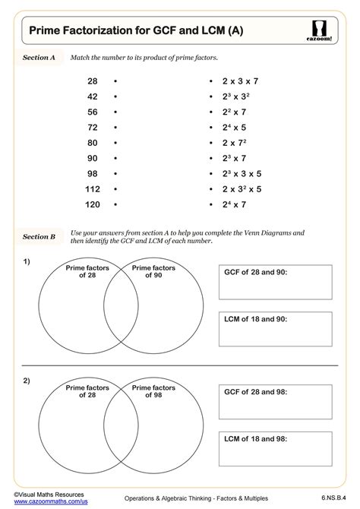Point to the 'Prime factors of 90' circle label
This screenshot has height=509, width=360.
pyautogui.click(x=153, y=272)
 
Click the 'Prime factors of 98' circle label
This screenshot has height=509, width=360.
pyautogui.click(x=153, y=392)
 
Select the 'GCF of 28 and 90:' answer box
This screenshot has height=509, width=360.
pyautogui.click(x=276, y=282)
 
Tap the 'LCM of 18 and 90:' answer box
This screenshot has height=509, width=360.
pyautogui.click(x=276, y=328)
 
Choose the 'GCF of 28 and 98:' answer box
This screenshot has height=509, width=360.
pyautogui.click(x=276, y=402)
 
